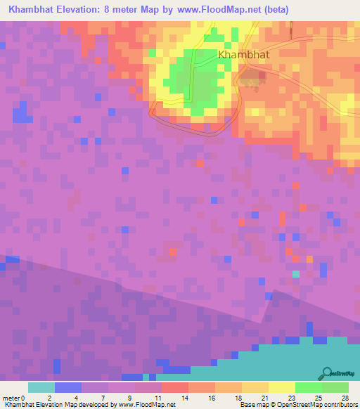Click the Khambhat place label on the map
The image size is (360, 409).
coord(243,54)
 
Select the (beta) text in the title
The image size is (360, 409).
coord(269,10)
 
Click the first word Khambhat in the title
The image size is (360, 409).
coord(33,10)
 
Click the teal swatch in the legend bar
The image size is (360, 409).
coord(41,387)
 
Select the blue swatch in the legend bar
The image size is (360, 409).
coord(68,387)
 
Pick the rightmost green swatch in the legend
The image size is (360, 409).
coord(335,387)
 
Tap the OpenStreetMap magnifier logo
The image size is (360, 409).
coord(327,373)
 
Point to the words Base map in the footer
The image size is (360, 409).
coord(253,405)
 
